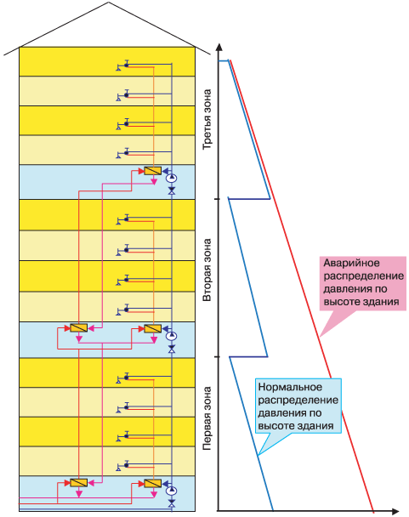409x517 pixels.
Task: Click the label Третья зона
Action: [207, 119]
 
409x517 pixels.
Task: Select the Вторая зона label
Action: [207, 270]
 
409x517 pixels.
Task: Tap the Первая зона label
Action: [207, 418]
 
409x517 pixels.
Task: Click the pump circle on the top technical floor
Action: [172, 179]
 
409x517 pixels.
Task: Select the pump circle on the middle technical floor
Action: [172, 336]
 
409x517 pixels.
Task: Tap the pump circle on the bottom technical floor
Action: [172, 491]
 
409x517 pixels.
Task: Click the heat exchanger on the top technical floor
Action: [152, 171]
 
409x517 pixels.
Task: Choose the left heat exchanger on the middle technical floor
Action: [78, 328]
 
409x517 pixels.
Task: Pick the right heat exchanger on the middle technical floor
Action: [152, 328]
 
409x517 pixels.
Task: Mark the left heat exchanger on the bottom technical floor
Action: [78, 483]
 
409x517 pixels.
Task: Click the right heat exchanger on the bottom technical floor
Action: [152, 483]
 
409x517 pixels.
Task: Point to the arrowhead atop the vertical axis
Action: [219, 47]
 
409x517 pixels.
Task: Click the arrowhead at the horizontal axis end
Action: [395, 511]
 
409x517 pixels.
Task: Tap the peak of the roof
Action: [109, 3]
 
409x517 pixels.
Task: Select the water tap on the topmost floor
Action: [122, 65]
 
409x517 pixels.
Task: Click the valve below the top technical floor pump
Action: [172, 191]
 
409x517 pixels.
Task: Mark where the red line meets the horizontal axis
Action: [373, 511]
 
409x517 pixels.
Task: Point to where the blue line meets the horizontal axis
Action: [273, 511]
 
